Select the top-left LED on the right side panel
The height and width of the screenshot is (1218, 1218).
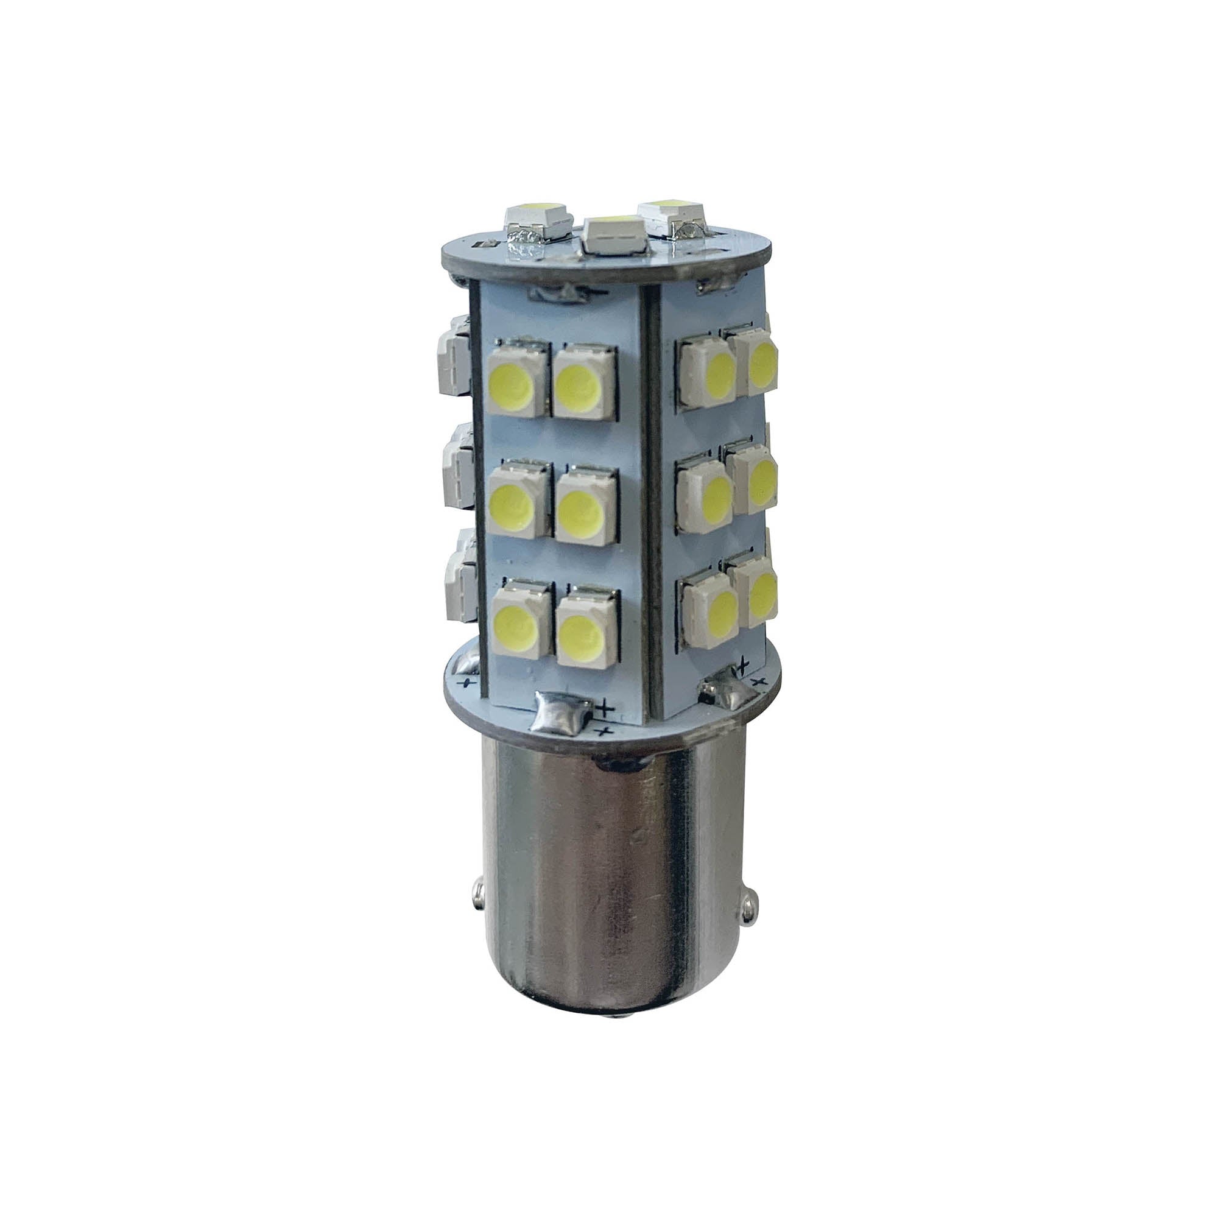(x=706, y=372)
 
